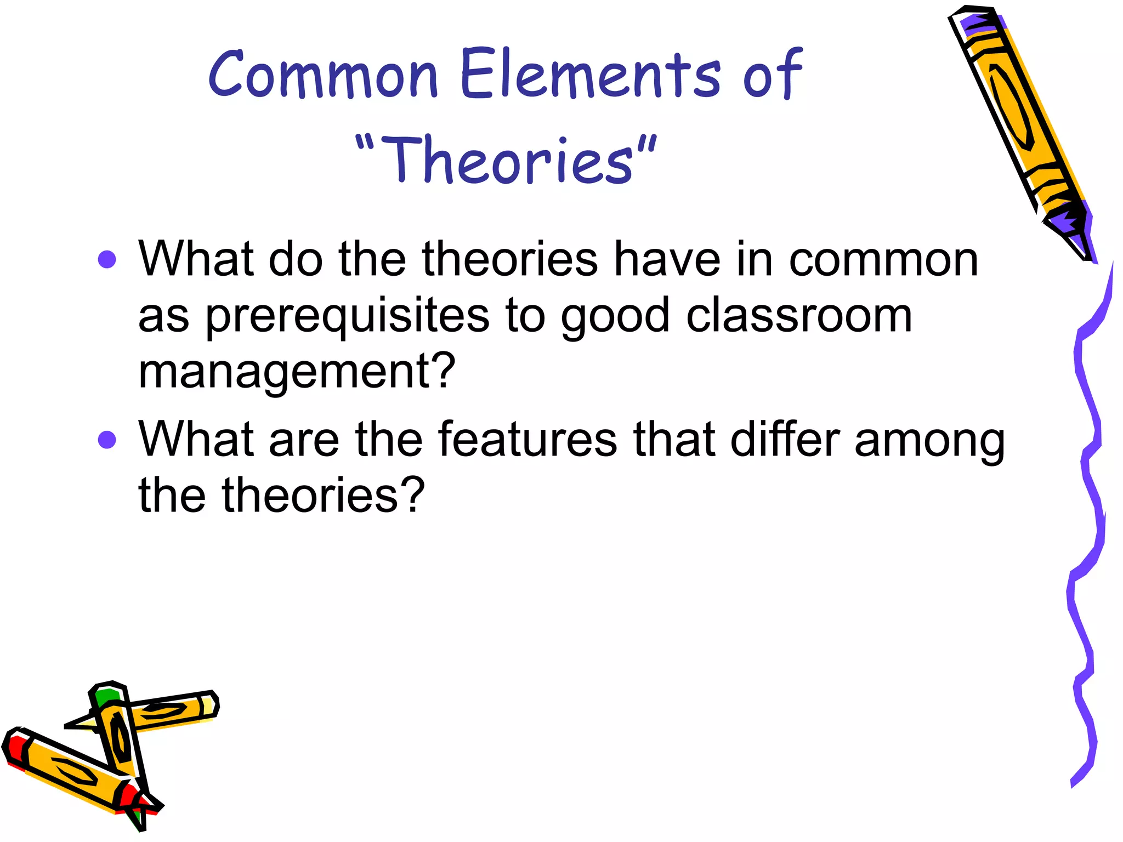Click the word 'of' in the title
(x=773, y=74)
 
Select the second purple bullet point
(x=107, y=439)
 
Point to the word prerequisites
(x=348, y=316)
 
